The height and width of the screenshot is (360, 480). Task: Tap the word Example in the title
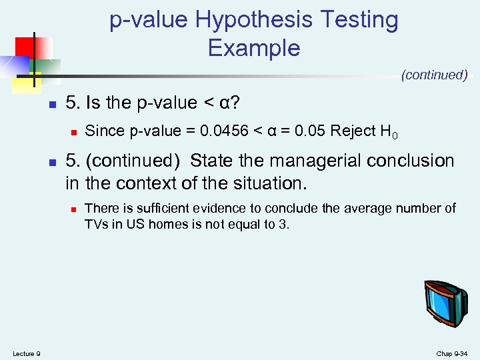254,48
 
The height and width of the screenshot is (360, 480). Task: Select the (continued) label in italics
434,75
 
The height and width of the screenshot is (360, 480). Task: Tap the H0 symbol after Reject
390,132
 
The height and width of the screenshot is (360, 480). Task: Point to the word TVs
96,224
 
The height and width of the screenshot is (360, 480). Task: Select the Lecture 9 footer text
27,353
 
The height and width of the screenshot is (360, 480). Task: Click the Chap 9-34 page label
451,353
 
